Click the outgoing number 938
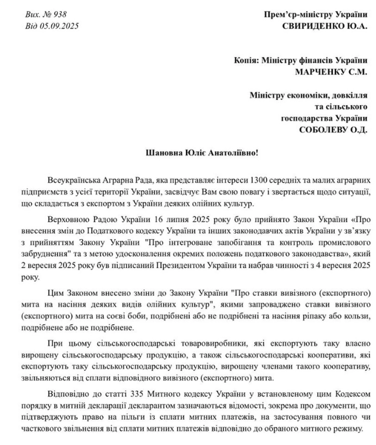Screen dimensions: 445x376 (60, 15)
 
